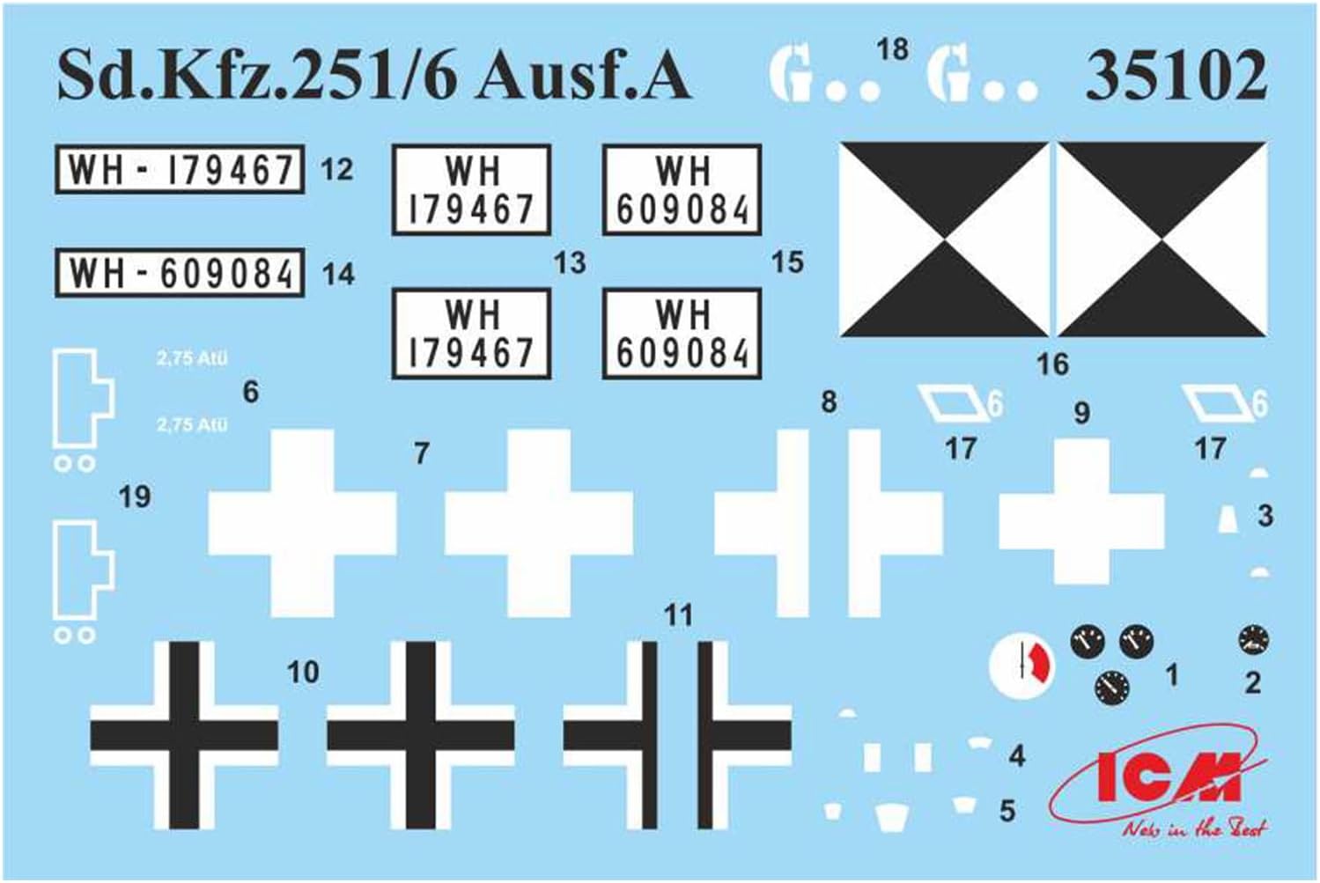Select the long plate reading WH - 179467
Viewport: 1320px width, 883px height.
pos(180,169)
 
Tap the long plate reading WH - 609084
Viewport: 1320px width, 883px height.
pos(180,273)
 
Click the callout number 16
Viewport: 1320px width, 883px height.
pos(1052,364)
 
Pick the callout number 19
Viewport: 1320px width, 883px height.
pos(135,497)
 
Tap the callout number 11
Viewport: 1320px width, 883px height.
pos(678,614)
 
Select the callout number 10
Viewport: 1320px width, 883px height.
pos(303,673)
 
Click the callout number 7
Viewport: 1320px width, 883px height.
pos(422,453)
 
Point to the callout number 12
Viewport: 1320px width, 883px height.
pos(336,169)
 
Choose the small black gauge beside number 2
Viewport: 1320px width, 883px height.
pos(1252,641)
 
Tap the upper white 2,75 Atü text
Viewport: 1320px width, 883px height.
pos(192,358)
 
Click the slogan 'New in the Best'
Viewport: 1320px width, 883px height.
pos(1193,828)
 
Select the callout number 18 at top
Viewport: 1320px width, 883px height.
pos(892,48)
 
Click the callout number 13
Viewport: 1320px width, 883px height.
pos(570,262)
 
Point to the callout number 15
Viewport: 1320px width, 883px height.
pos(787,262)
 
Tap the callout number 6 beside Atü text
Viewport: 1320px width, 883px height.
pos(251,392)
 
